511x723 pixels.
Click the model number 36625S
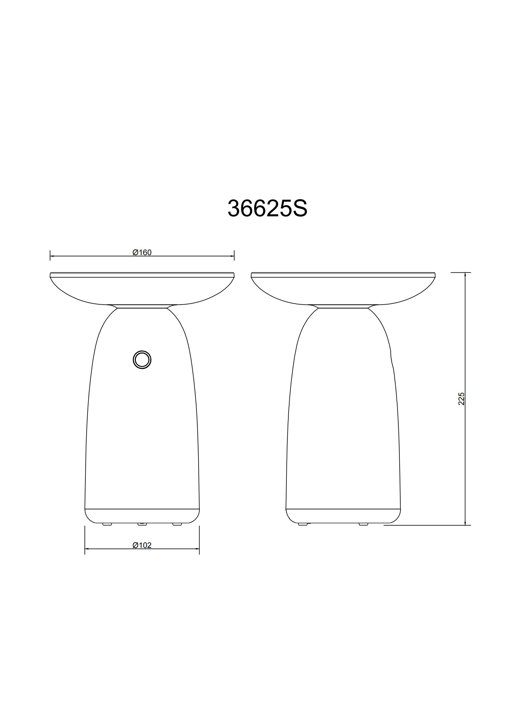pos(267,208)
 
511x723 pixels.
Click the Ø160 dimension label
pos(142,253)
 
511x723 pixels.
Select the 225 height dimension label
pos(462,399)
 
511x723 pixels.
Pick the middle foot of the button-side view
pos(142,524)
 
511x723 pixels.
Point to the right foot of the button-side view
pos(177,524)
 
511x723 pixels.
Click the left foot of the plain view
pos(303,524)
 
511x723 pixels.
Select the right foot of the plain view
pos(363,524)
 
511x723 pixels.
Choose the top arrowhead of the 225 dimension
pos(465,274)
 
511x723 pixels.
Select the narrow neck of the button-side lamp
pos(142,306)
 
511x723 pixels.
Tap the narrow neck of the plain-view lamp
pos(343,306)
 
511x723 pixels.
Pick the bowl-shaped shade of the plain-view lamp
pos(343,290)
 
